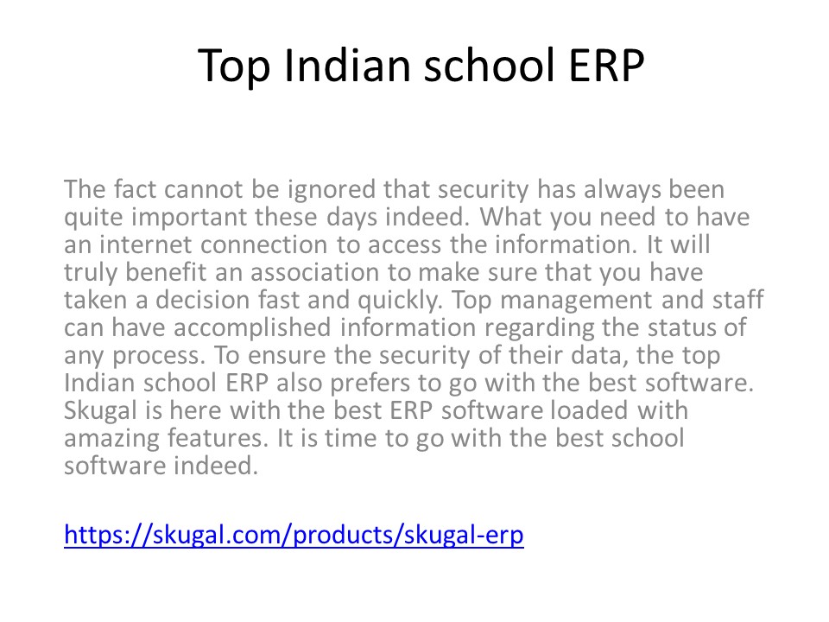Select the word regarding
pyautogui.click(x=547, y=327)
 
